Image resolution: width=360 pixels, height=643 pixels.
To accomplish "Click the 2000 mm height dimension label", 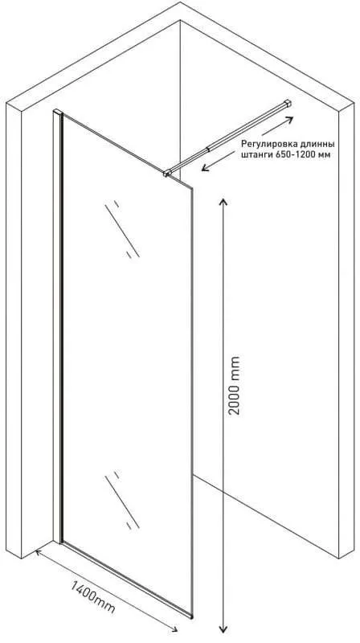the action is click(x=235, y=385).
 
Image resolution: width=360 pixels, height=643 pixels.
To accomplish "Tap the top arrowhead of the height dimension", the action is click(x=223, y=203).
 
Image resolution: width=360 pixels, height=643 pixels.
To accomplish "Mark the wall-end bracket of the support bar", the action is click(x=288, y=103).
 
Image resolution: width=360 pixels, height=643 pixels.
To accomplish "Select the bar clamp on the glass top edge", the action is click(x=167, y=174).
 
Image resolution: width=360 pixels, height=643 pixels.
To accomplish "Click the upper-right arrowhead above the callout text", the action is click(x=289, y=119).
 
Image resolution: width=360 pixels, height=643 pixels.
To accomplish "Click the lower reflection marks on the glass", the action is click(x=122, y=500).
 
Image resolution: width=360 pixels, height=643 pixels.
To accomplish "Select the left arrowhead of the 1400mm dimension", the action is click(x=39, y=554).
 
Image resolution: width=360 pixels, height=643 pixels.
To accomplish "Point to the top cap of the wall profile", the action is click(x=57, y=112).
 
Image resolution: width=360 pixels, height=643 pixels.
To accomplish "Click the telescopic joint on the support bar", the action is click(x=210, y=149).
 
